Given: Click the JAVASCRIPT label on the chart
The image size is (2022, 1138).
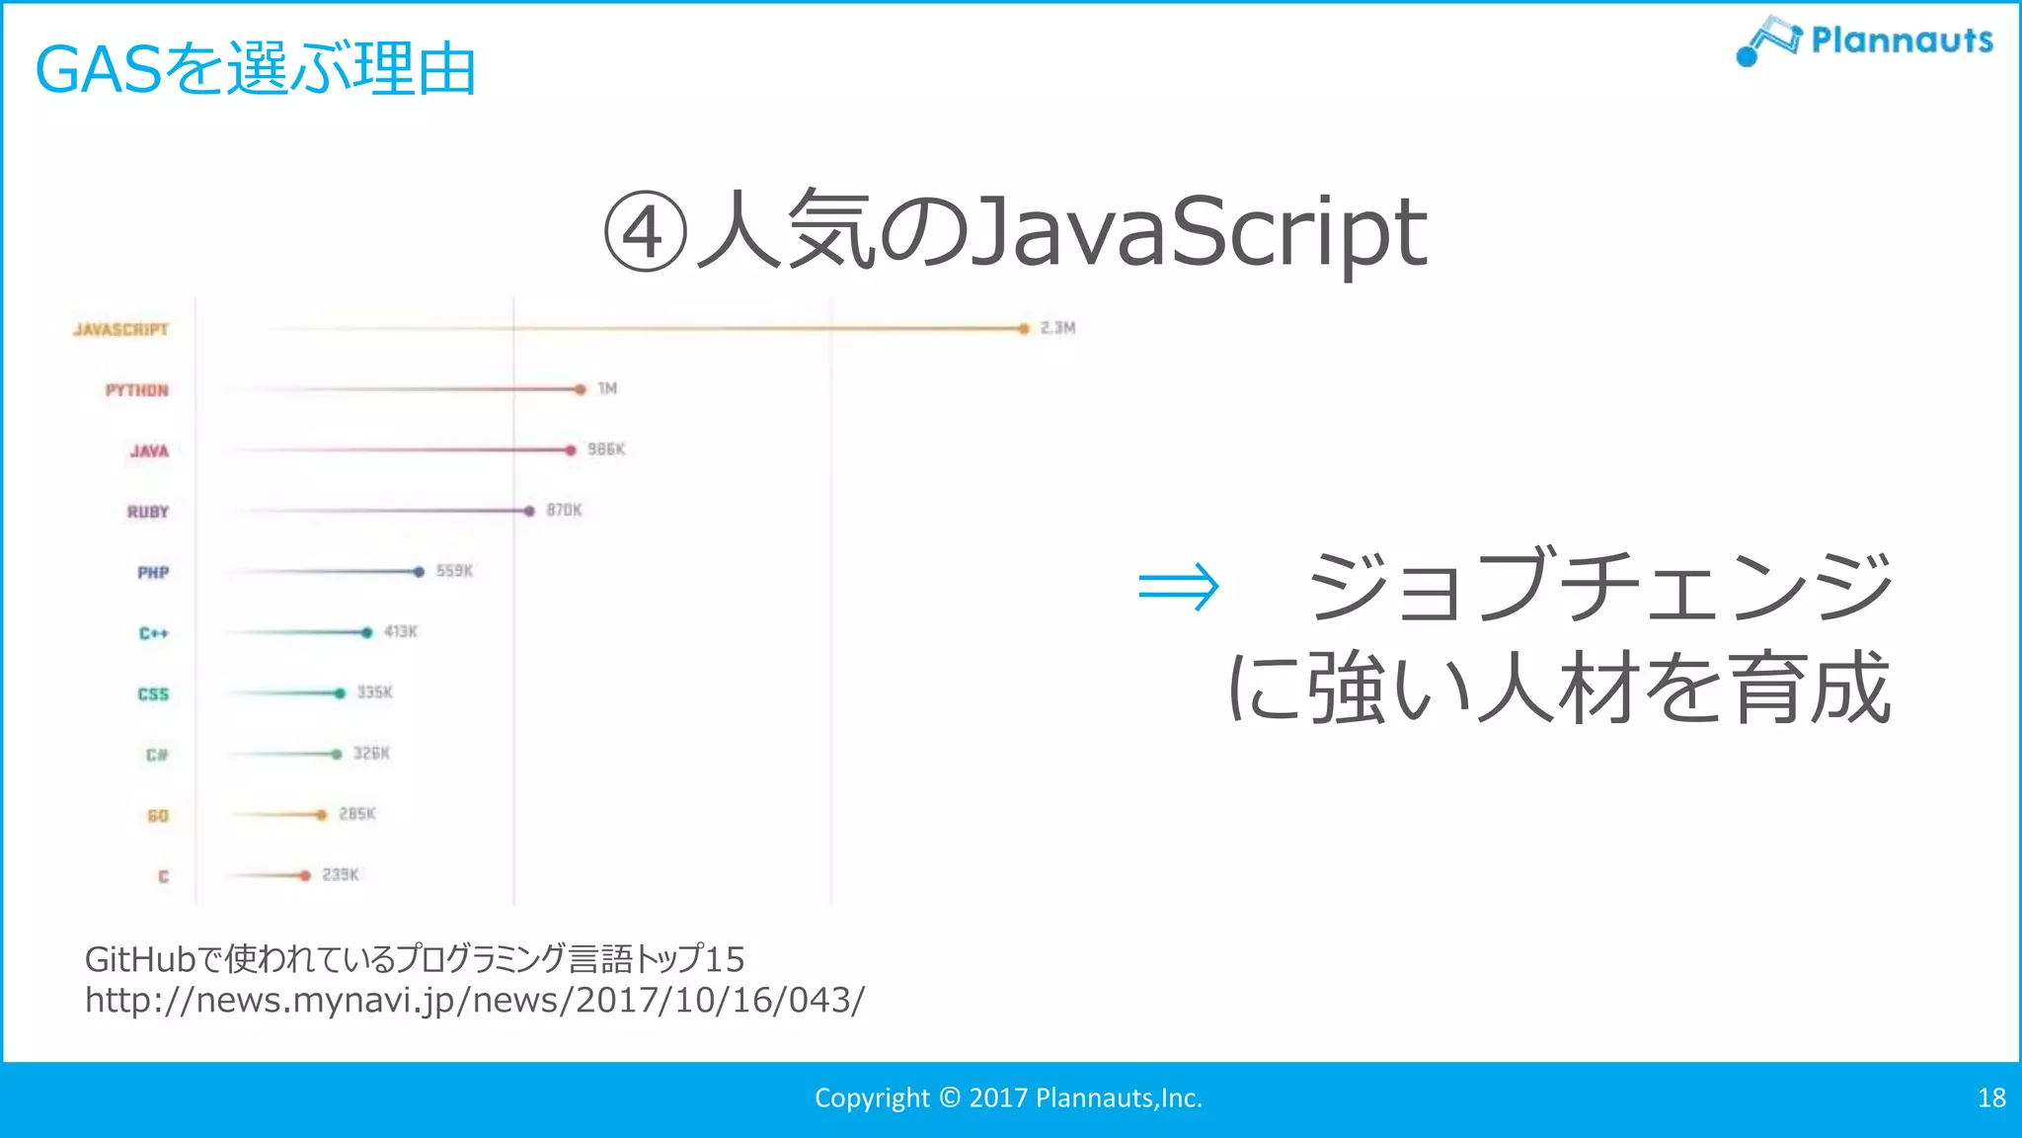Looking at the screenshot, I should (120, 329).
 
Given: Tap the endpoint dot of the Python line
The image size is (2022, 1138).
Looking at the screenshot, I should (581, 389).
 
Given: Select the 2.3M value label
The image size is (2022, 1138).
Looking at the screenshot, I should (1057, 328).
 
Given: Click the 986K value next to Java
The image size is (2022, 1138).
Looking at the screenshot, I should (606, 449).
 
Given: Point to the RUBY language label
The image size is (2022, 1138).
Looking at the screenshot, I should (148, 512).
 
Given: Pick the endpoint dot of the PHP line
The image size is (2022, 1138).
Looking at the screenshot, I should (419, 572).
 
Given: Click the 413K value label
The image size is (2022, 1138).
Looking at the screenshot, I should (401, 631).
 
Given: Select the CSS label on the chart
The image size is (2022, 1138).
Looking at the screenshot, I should (153, 694).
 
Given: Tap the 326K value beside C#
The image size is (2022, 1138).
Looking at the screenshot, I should (371, 753).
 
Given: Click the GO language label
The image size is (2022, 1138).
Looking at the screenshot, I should (158, 816).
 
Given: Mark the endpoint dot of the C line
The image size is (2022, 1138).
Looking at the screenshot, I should (305, 875).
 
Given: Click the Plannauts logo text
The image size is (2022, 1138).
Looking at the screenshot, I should (1902, 41).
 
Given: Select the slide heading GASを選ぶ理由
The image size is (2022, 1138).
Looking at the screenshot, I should (255, 70).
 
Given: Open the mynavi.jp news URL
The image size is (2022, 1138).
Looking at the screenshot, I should (474, 1000).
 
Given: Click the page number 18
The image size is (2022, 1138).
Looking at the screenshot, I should (1991, 1097).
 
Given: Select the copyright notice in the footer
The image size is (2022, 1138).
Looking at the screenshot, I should (1008, 1097).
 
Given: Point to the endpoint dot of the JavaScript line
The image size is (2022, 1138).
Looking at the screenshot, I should (1024, 329).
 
